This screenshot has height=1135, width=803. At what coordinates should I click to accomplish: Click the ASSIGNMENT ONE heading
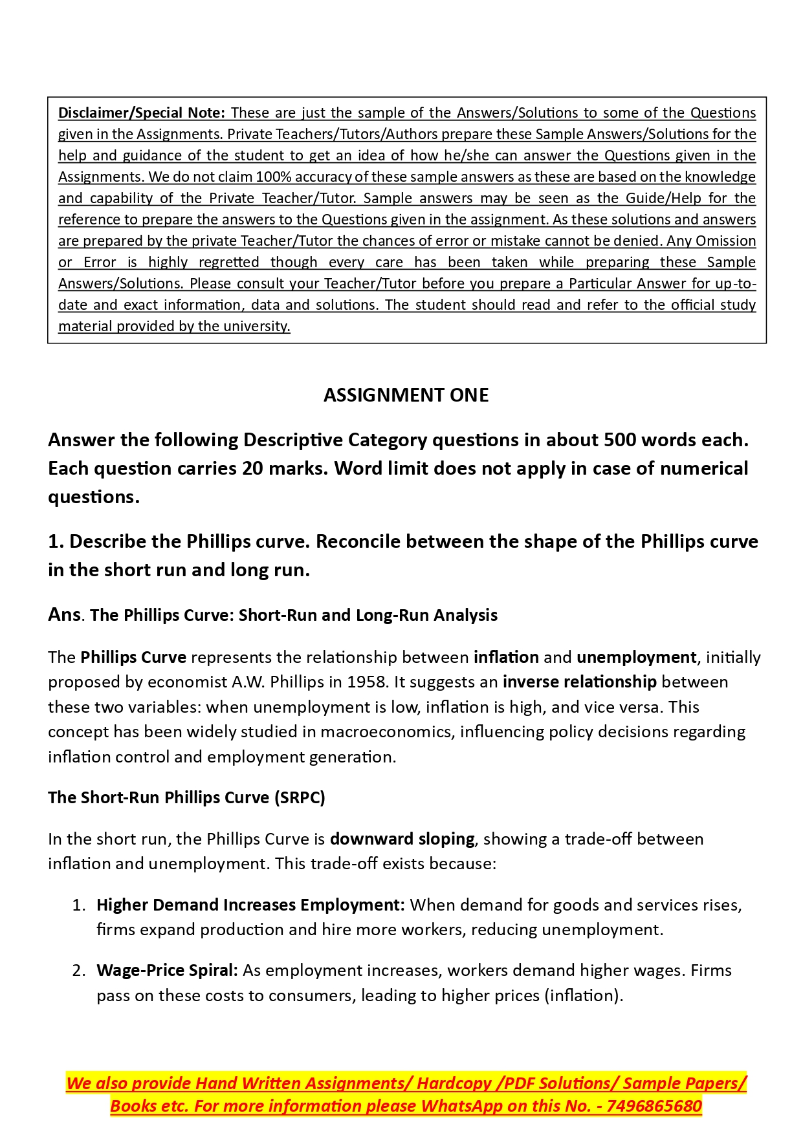point(406,395)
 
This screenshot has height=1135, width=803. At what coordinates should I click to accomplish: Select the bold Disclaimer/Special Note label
point(142,113)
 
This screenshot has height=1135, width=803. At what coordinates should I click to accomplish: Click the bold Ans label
point(64,614)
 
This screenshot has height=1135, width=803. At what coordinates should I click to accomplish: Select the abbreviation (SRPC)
point(300,797)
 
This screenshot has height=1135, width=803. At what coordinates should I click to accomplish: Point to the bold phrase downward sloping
point(402,839)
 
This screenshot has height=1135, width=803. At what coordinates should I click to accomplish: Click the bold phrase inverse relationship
point(579,682)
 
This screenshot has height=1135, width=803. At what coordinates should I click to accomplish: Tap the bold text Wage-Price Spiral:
point(167,971)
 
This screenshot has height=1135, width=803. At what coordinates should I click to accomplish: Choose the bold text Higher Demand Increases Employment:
point(250,905)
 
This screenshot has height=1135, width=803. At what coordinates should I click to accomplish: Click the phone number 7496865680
point(654,1107)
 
